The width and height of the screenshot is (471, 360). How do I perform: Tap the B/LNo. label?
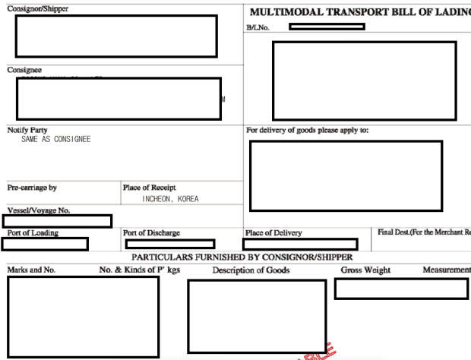coord(258,27)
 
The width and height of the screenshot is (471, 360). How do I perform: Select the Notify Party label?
coord(27,131)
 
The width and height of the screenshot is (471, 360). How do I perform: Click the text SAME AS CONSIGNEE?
coord(56,140)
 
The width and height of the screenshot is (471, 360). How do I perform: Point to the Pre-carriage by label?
coord(32,188)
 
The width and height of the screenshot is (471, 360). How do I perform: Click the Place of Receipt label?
coord(149,188)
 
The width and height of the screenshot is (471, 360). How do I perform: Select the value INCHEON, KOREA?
coord(170,199)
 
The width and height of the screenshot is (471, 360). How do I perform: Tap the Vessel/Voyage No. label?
coord(39,210)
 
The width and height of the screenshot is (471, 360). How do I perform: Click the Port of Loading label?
coord(33,232)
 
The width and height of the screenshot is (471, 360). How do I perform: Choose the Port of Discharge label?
coord(151,233)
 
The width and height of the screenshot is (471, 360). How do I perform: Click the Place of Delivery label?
coord(273,233)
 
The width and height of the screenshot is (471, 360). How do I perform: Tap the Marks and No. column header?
coord(31,270)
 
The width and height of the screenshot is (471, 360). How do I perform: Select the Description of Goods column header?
coord(251,270)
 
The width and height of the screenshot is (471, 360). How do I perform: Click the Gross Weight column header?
coord(365,270)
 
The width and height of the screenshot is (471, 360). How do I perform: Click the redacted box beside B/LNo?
coord(327,27)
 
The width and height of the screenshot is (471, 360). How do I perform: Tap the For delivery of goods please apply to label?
coord(307,130)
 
